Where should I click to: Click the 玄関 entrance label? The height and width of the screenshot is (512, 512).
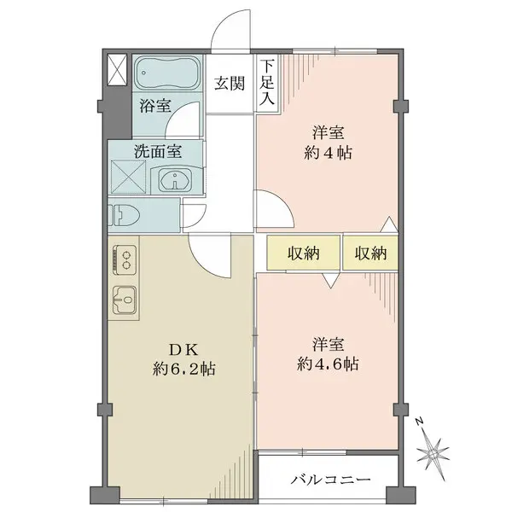(x=228, y=83)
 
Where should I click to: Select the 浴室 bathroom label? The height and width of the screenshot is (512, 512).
(x=154, y=107)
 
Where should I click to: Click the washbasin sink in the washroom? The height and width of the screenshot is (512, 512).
(x=177, y=180)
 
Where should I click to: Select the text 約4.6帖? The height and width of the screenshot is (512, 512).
(x=329, y=364)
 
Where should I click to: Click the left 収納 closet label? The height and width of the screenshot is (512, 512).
(x=303, y=253)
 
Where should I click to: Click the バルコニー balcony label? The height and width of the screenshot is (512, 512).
(x=329, y=480)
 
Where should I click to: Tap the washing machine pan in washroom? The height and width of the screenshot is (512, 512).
(x=128, y=180)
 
